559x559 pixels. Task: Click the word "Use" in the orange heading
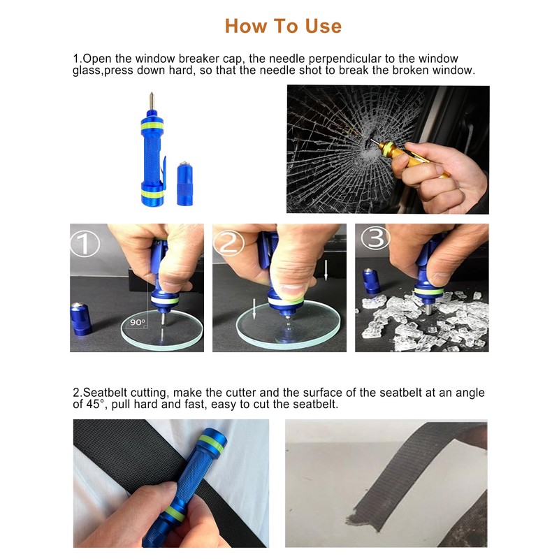323,26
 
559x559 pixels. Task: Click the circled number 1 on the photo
85,243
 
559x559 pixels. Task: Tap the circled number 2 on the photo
228,243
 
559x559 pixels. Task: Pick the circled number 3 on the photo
375,238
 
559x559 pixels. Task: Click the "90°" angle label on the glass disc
137,322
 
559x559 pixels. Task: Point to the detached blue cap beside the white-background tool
184,184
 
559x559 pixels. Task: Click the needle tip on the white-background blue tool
151,94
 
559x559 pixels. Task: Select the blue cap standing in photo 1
81,319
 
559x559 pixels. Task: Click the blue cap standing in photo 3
371,282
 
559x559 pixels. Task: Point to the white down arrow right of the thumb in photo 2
326,270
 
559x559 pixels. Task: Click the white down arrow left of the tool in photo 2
254,309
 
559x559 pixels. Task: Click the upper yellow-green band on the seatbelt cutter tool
212,444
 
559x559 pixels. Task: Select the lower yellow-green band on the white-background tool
152,194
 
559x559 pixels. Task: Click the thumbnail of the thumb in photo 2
291,289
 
